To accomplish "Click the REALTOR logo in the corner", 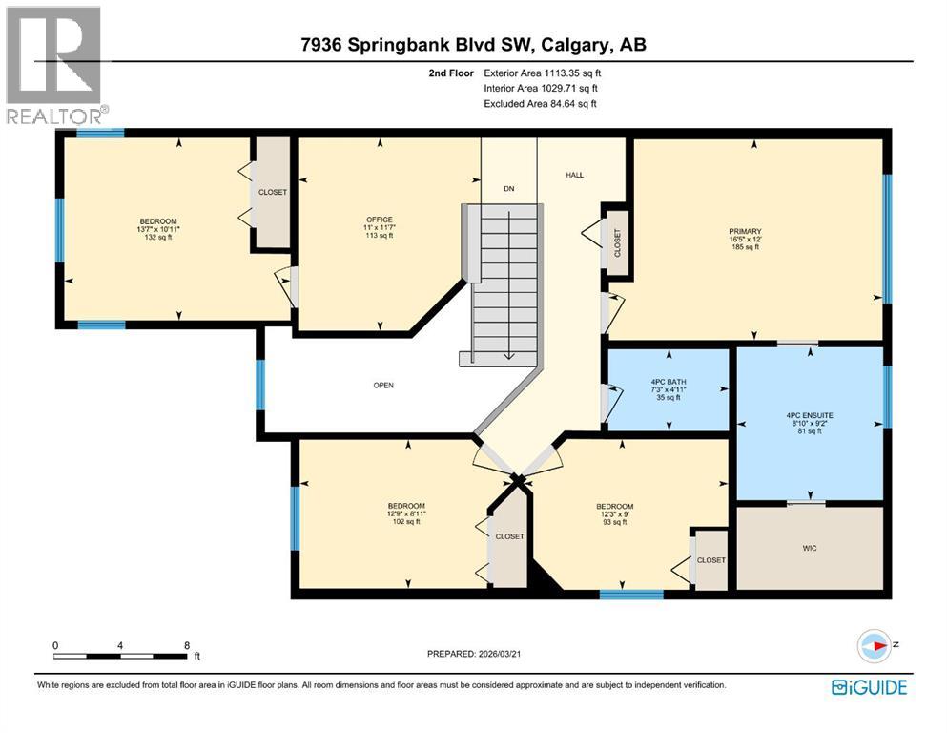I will pyautogui.click(x=55, y=65).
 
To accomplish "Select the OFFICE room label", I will pyautogui.click(x=380, y=220).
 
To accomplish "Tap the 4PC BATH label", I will pyautogui.click(x=668, y=381).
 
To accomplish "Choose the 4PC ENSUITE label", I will pyautogui.click(x=809, y=415).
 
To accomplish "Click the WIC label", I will pyautogui.click(x=810, y=548).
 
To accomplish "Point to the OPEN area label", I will pyautogui.click(x=383, y=386).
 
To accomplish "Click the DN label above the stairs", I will pyautogui.click(x=509, y=189).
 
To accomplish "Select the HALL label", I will pyautogui.click(x=574, y=175).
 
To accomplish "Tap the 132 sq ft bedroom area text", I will pyautogui.click(x=158, y=238).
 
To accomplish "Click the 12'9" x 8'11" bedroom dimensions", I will pyautogui.click(x=406, y=513).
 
